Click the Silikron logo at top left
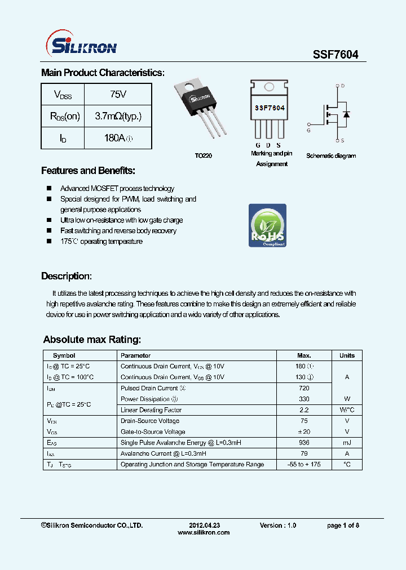pos(80,45)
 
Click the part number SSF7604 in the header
pos(336,55)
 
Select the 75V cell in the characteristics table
pos(118,95)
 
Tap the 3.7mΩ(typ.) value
pos(118,116)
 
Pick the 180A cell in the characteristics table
pos(118,138)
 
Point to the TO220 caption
pos(204,156)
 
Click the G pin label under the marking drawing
pos(258,145)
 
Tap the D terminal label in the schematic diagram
pos(343,86)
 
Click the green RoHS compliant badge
pos(267,225)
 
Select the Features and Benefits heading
pos(88,171)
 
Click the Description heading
pos(66,276)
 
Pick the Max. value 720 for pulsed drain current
pos(303,388)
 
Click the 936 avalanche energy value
pos(303,443)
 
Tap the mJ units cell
pos(347,443)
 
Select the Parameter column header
pos(136,355)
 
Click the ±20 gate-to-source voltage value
pos(303,432)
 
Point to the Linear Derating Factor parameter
pos(151,410)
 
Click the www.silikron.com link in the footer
pos(204,532)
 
